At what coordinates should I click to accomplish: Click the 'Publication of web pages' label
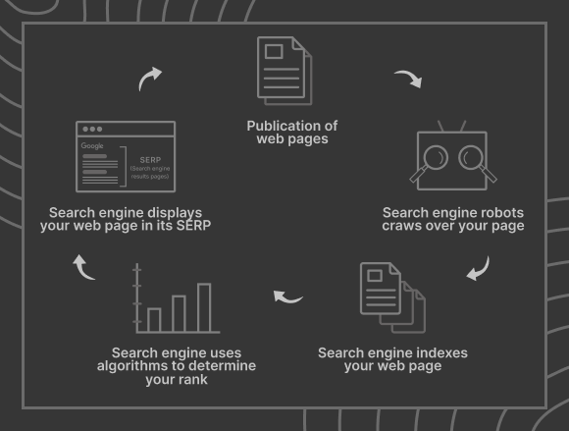pyautogui.click(x=292, y=133)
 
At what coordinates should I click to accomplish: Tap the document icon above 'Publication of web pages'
pyautogui.click(x=284, y=71)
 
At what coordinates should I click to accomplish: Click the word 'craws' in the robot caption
pyautogui.click(x=401, y=226)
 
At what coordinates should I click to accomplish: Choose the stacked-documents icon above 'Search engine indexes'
pyautogui.click(x=393, y=297)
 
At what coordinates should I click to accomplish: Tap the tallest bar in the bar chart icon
pyautogui.click(x=204, y=307)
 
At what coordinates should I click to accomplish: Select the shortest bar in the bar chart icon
pyautogui.click(x=154, y=320)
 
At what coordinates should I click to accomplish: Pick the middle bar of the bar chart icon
pyautogui.click(x=179, y=314)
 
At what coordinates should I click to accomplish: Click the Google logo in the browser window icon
pyautogui.click(x=92, y=146)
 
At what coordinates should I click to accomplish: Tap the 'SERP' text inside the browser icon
pyautogui.click(x=150, y=160)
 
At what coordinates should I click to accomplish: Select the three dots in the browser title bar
pyautogui.click(x=92, y=129)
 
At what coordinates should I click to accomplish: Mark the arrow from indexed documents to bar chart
pyautogui.click(x=286, y=298)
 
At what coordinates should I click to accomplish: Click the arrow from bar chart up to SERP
pyautogui.click(x=82, y=269)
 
